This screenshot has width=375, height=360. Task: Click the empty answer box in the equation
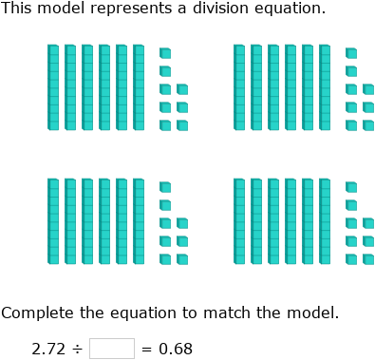tap(112, 349)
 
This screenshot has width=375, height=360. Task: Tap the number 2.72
tap(48, 349)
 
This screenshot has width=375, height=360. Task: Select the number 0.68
tap(174, 349)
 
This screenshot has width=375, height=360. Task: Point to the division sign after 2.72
tap(78, 349)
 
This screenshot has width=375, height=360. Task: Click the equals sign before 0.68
tap(145, 349)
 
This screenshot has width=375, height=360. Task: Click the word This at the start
tap(16, 9)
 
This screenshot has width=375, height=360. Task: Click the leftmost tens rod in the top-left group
tap(53, 86)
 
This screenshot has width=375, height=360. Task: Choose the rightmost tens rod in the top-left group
tap(139, 86)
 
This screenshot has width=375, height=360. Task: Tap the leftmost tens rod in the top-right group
tap(239, 86)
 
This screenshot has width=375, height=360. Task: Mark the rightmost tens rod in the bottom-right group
tap(325, 220)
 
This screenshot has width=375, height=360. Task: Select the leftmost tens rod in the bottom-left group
tap(53, 220)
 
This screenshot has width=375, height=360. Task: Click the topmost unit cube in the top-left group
tap(165, 53)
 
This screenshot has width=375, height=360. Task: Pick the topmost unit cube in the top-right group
tap(351, 53)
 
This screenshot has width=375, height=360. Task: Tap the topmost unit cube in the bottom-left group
tap(165, 187)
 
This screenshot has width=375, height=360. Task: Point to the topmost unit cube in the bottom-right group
tap(351, 187)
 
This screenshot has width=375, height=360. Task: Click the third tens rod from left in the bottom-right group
tap(273, 220)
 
